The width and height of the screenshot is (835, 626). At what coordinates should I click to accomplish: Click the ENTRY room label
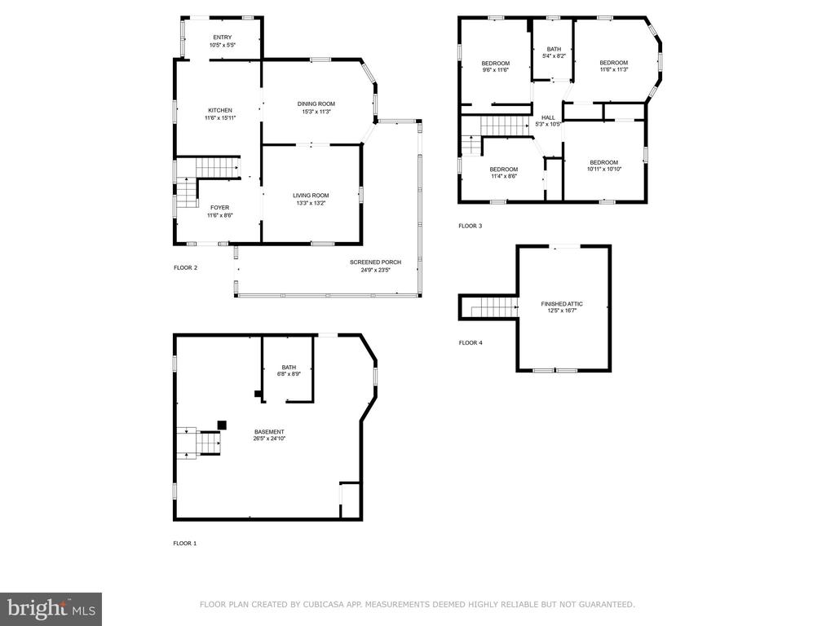223,37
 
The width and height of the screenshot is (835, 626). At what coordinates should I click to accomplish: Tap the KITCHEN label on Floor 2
220,110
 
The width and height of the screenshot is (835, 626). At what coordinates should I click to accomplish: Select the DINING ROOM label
316,104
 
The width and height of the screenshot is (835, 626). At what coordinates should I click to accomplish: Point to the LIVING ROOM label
311,196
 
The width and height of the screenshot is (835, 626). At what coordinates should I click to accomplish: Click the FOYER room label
220,208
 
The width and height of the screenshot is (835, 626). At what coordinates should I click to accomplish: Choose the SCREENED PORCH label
375,262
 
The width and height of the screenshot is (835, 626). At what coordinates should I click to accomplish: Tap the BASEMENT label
269,432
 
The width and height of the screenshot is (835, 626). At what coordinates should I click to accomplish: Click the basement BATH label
289,368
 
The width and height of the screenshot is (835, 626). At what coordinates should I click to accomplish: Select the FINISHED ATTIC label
562,303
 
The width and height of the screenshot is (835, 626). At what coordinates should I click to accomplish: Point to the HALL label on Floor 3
548,117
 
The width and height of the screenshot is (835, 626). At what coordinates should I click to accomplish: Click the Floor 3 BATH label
554,49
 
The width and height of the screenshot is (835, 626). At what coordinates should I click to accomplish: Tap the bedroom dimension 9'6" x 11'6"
496,70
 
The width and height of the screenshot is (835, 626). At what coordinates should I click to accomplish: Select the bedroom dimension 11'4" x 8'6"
504,176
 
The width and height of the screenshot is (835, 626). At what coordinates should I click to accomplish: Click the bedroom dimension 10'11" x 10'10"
604,170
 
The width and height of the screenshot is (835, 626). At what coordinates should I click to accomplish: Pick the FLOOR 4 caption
471,343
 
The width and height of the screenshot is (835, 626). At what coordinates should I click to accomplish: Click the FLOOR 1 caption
185,544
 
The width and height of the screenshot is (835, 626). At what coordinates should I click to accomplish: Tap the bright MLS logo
51,609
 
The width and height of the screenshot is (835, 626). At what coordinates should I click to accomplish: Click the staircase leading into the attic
493,307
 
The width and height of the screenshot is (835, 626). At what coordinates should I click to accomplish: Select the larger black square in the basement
222,425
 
